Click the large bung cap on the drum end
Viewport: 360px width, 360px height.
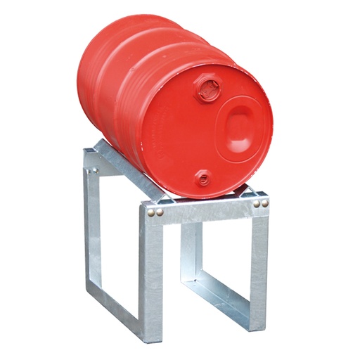point(208,89)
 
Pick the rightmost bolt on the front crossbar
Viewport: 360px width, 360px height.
point(266,204)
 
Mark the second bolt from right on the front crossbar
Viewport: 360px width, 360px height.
point(258,204)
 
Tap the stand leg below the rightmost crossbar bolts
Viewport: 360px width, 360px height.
point(259,267)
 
